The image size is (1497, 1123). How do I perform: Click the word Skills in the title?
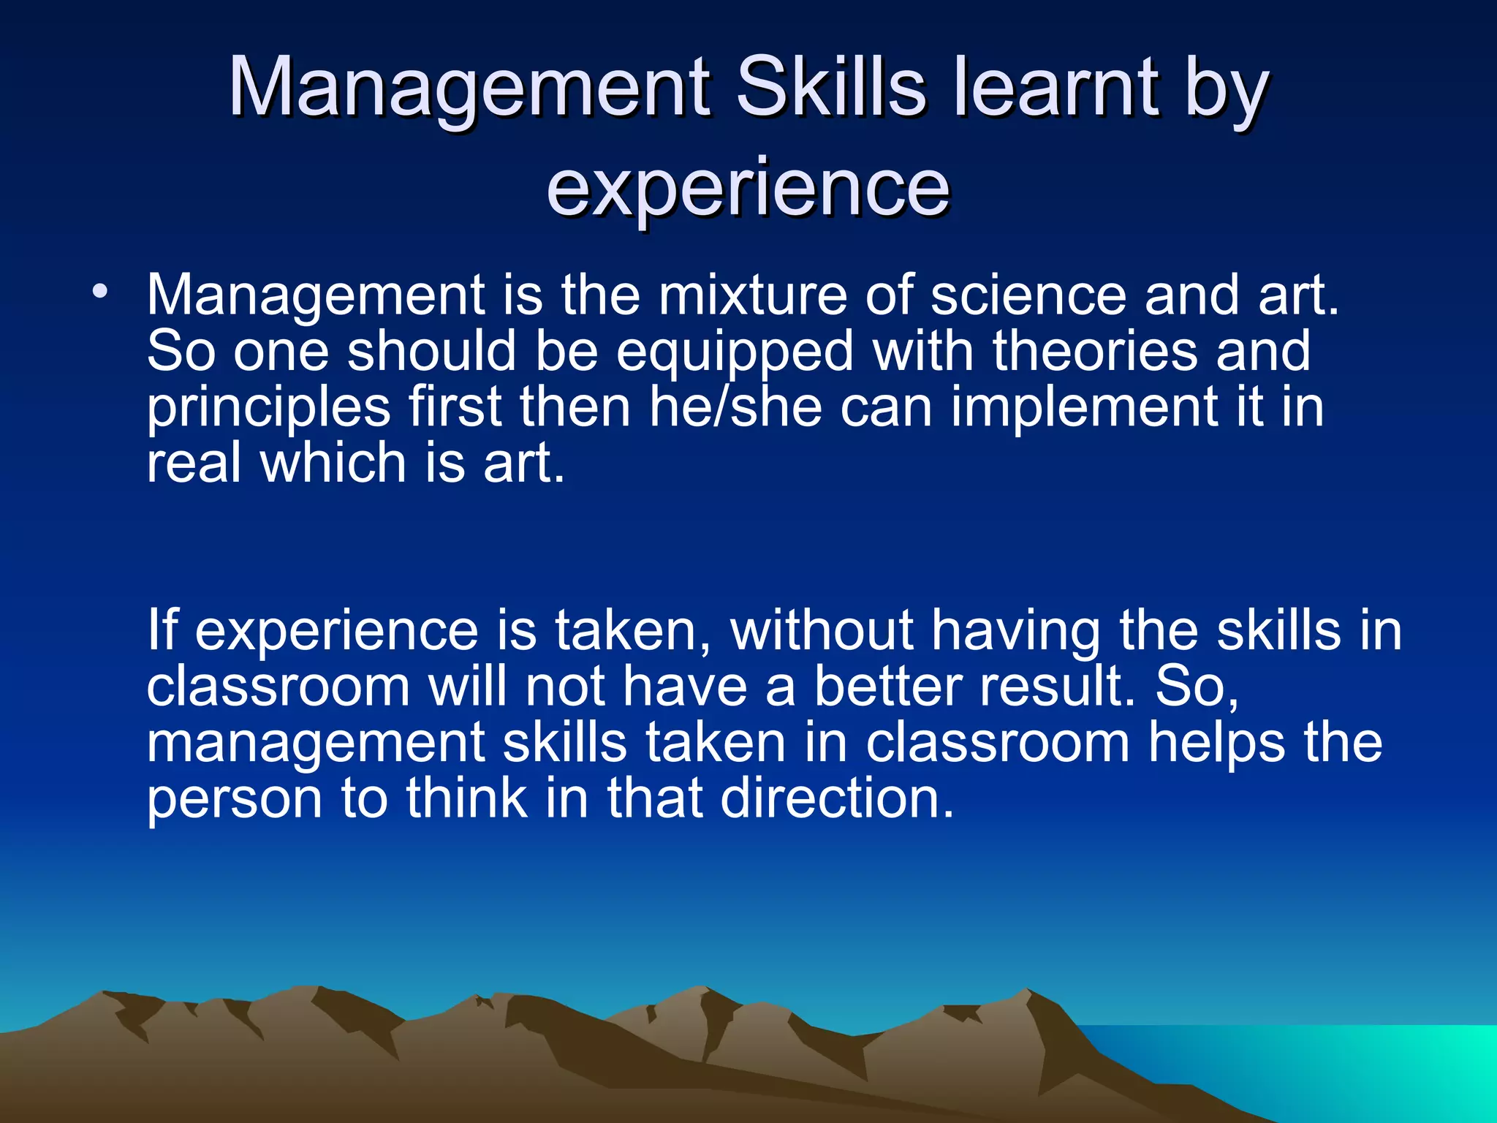pyautogui.click(x=832, y=87)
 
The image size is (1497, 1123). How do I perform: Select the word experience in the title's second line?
pyautogui.click(x=748, y=188)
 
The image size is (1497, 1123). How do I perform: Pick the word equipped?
pyautogui.click(x=735, y=352)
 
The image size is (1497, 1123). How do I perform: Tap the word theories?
pyautogui.click(x=1095, y=351)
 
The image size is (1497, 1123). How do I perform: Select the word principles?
pyautogui.click(x=268, y=408)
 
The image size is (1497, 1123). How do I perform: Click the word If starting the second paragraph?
pyautogui.click(x=162, y=629)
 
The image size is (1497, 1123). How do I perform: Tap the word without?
pyautogui.click(x=822, y=629)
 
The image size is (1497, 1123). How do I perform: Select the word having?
pyautogui.click(x=1015, y=631)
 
